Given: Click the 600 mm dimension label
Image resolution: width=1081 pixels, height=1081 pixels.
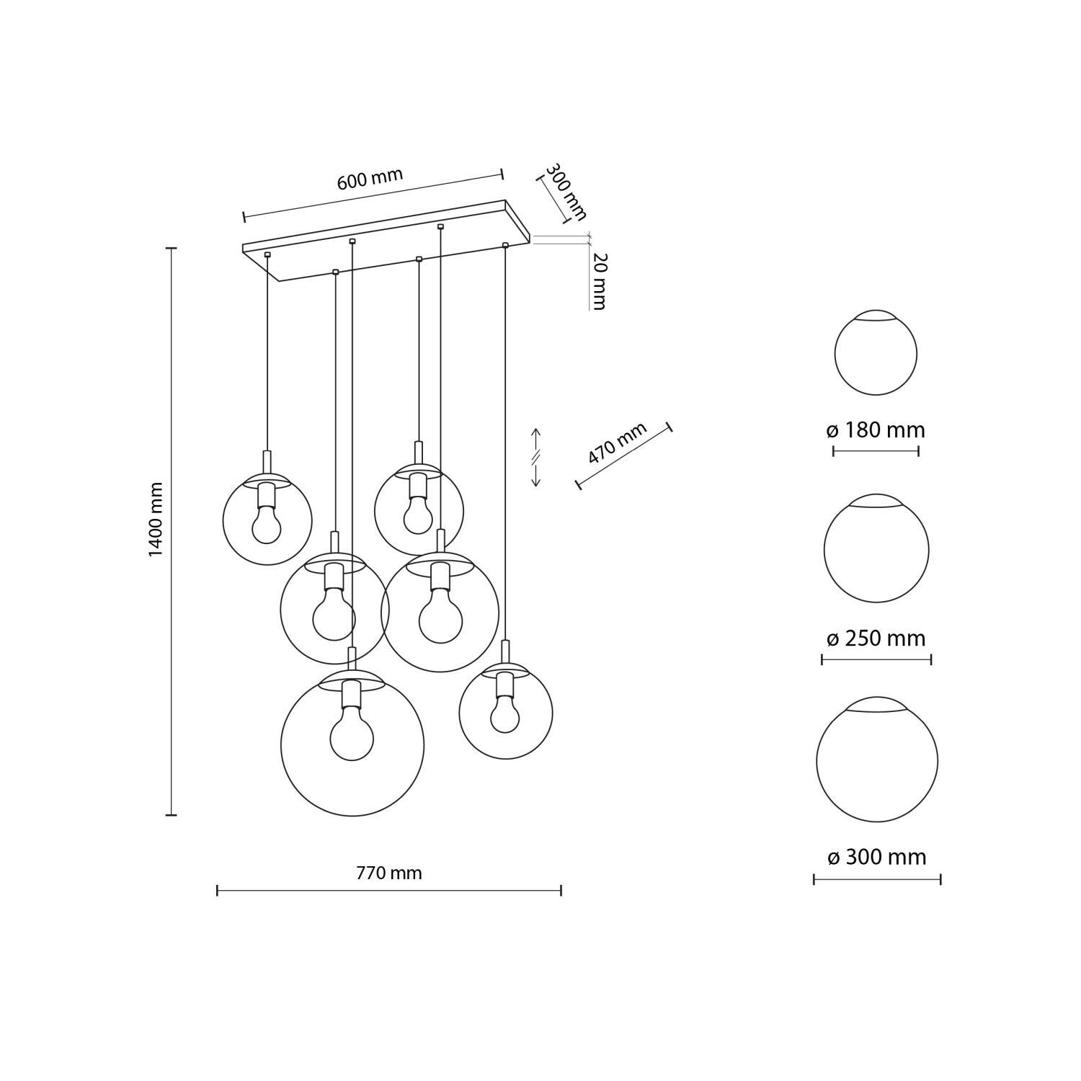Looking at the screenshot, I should pyautogui.click(x=370, y=179).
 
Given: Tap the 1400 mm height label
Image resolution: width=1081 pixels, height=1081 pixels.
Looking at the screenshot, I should pyautogui.click(x=156, y=520).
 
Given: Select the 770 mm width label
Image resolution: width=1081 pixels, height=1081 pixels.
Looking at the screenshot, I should pyautogui.click(x=389, y=873).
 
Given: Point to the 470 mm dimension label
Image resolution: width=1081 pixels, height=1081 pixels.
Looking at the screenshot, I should pyautogui.click(x=618, y=444).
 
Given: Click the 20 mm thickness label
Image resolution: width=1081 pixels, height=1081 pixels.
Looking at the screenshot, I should pyautogui.click(x=599, y=281).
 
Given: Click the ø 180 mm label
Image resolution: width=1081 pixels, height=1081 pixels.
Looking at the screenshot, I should pyautogui.click(x=876, y=431).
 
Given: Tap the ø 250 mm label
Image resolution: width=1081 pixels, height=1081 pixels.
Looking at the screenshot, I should pyautogui.click(x=876, y=639).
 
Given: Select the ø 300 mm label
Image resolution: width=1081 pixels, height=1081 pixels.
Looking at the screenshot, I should pyautogui.click(x=877, y=857).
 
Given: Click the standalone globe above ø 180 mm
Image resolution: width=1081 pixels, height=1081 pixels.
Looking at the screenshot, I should pyautogui.click(x=876, y=354).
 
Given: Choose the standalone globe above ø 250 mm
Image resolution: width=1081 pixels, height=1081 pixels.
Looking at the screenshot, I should pyautogui.click(x=876, y=548).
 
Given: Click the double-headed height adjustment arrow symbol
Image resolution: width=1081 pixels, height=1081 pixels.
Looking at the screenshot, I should pyautogui.click(x=535, y=457).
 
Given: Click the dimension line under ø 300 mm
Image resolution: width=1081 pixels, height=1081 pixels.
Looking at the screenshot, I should pyautogui.click(x=877, y=878).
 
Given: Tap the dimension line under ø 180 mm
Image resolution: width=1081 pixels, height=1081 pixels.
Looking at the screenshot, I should pyautogui.click(x=876, y=452).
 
